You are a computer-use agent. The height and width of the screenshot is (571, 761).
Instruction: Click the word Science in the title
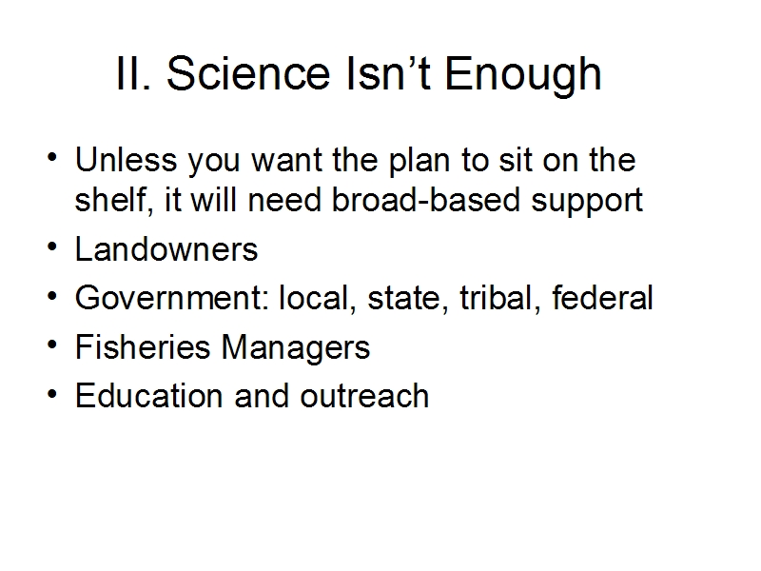248,73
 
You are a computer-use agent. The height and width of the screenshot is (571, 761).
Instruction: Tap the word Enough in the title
523,76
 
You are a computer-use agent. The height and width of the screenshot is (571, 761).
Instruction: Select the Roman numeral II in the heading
131,73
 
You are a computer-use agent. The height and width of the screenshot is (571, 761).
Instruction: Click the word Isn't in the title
388,73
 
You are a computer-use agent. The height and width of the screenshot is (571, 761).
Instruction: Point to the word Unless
127,159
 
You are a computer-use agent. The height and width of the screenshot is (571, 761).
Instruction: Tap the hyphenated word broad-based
425,200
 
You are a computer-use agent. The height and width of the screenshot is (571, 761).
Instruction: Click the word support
587,203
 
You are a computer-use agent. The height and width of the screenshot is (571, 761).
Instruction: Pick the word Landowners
166,249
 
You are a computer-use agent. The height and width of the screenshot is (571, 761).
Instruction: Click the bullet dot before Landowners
52,246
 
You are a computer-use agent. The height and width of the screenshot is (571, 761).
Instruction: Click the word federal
602,297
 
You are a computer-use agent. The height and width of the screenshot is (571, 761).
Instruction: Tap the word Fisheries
143,346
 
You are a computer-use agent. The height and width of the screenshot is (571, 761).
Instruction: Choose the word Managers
296,349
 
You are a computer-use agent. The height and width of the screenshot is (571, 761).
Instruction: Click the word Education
149,396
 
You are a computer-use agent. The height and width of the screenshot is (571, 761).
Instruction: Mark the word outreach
364,396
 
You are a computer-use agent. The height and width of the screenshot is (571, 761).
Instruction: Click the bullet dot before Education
52,393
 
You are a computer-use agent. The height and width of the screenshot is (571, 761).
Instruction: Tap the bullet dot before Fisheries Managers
52,344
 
